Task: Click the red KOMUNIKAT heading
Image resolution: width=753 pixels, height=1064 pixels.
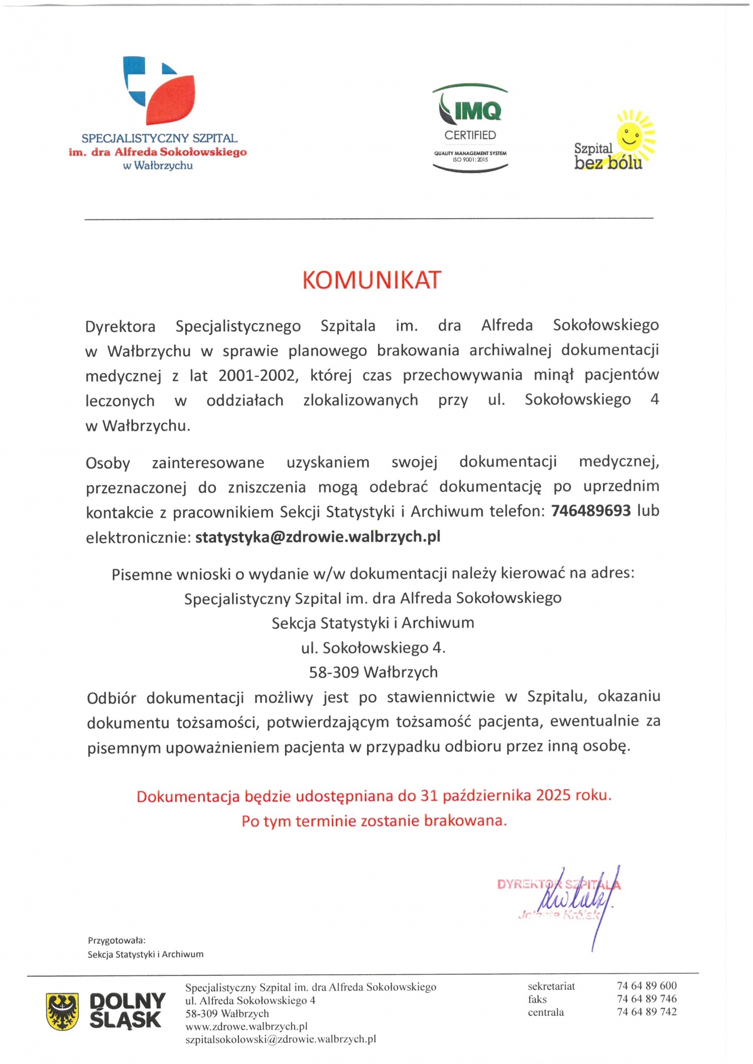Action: [371, 280]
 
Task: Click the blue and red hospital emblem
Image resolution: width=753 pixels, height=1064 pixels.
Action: [159, 90]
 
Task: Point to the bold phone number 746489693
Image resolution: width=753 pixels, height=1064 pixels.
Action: [591, 511]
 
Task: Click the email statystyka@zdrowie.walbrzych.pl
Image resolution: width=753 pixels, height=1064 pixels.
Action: [318, 537]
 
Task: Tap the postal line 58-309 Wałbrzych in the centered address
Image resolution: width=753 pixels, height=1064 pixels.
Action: [373, 672]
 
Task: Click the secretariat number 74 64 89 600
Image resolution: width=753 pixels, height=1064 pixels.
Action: [647, 986]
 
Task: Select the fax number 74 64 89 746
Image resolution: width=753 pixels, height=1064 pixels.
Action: [647, 999]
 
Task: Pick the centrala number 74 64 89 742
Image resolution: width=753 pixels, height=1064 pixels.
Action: [647, 1012]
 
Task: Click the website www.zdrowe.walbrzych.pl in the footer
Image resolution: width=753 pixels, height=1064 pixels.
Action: [246, 1026]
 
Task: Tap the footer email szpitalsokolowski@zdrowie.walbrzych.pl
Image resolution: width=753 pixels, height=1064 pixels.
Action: [281, 1039]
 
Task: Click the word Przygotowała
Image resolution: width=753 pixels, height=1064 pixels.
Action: [116, 941]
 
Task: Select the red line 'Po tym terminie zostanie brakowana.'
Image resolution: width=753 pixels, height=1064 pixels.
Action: [374, 821]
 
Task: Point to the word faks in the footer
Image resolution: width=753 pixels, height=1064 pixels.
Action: [537, 999]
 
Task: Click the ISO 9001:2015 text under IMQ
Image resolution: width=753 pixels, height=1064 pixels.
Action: [470, 160]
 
